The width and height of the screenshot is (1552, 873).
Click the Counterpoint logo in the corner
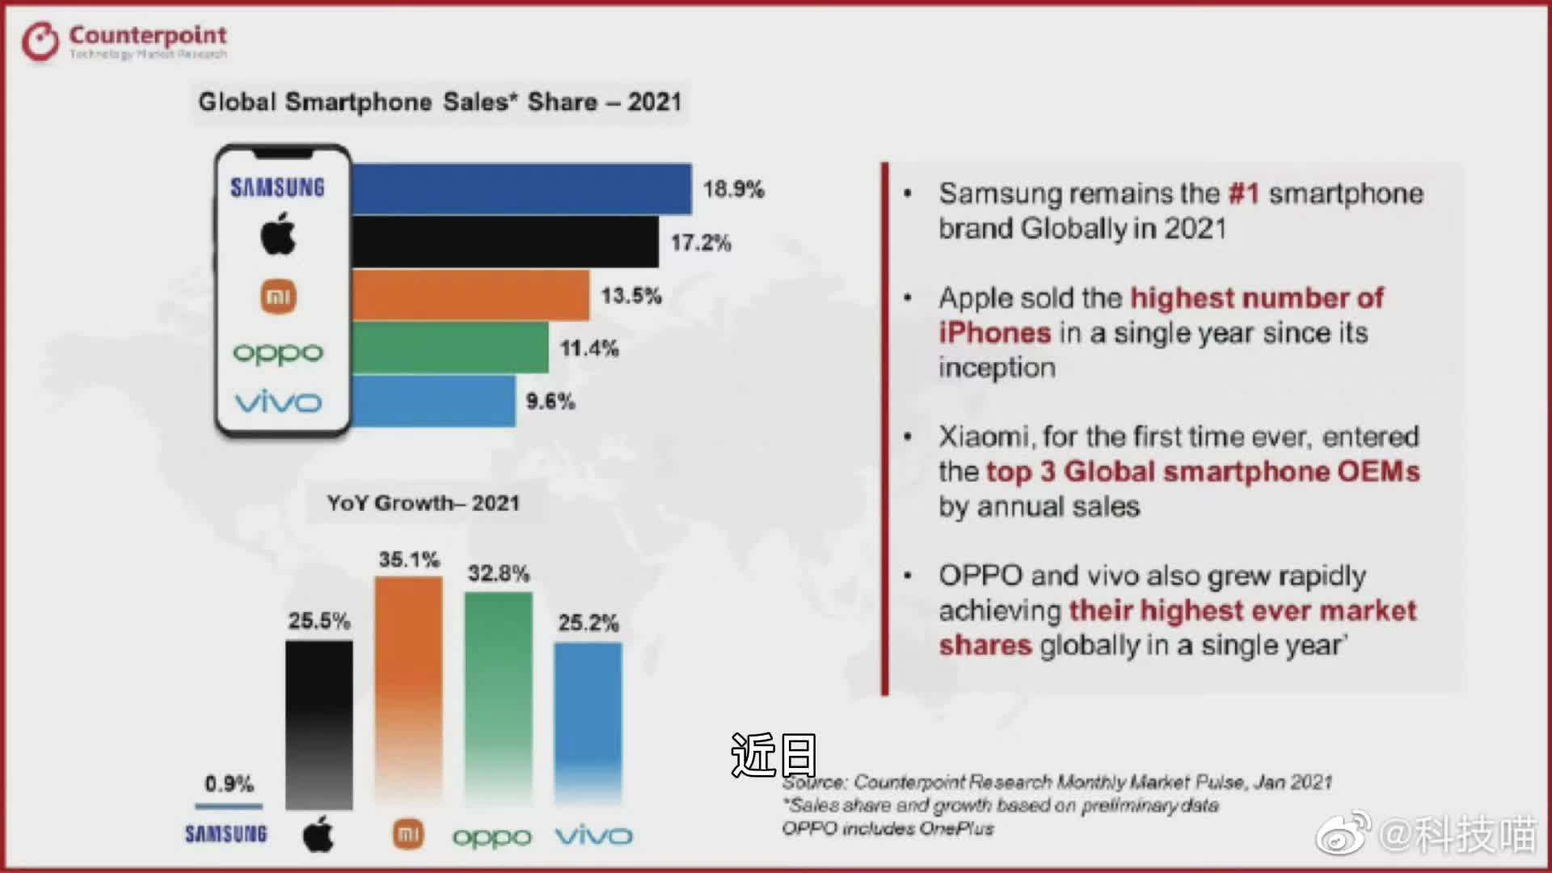pyautogui.click(x=124, y=40)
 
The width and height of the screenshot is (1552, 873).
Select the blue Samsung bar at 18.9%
pyautogui.click(x=521, y=189)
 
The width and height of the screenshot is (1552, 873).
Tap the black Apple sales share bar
pyautogui.click(x=505, y=242)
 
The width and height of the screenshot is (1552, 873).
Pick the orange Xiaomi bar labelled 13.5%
pyautogui.click(x=470, y=295)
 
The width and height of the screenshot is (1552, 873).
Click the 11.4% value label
pyautogui.click(x=589, y=348)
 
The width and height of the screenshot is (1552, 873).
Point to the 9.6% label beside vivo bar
pyautogui.click(x=550, y=401)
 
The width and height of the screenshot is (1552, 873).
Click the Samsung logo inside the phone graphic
pyautogui.click(x=277, y=188)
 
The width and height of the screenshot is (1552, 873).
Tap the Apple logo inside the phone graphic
pyautogui.click(x=278, y=234)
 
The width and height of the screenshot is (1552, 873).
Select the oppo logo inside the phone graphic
pyautogui.click(x=278, y=353)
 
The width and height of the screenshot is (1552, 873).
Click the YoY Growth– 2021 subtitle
pyautogui.click(x=423, y=503)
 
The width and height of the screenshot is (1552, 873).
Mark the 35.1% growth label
pyautogui.click(x=409, y=559)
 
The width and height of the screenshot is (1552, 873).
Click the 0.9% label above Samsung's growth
pyautogui.click(x=229, y=783)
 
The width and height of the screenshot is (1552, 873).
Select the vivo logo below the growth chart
pyautogui.click(x=593, y=835)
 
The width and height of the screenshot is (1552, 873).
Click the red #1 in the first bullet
pyautogui.click(x=1243, y=194)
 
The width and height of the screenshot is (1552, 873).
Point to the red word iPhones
pyautogui.click(x=994, y=333)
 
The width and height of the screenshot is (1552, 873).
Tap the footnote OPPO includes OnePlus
pyautogui.click(x=888, y=829)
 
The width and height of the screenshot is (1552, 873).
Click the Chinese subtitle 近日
pyautogui.click(x=774, y=755)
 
